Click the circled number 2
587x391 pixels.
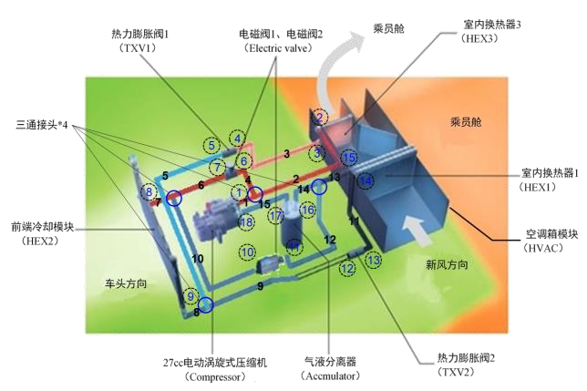pos(319,117)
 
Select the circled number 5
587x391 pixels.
pos(211,144)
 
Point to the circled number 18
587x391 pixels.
pos(245,221)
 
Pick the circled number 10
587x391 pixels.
pos(246,251)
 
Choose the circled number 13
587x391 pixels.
pos(373,260)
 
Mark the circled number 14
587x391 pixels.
pos(365,181)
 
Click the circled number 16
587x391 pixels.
pos(307,211)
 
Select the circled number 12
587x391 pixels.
pos(346,268)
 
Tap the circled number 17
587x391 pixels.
pos(275,214)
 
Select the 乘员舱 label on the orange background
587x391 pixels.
pos(465,120)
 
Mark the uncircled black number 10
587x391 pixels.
pos(198,260)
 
